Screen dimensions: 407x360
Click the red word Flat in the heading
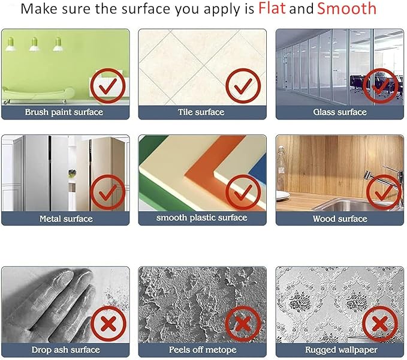click(272, 8)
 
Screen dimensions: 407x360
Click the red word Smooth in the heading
click(346, 8)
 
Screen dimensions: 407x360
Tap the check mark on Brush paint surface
click(108, 86)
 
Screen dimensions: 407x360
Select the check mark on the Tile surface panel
click(243, 86)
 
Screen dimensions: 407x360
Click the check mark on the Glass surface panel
click(380, 86)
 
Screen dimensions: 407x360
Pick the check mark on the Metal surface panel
click(108, 193)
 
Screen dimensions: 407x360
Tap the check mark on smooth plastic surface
click(243, 193)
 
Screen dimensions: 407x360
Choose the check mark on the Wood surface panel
click(384, 193)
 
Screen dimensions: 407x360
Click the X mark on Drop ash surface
click(108, 323)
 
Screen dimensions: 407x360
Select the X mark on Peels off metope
click(243, 323)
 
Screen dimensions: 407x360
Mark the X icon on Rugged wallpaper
click(380, 323)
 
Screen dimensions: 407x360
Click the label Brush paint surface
click(64, 112)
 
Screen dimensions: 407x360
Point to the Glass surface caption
click(340, 112)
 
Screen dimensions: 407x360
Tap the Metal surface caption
click(66, 219)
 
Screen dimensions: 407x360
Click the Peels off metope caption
click(203, 350)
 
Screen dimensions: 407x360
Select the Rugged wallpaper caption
click(341, 350)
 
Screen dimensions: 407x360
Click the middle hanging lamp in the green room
click(34, 44)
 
